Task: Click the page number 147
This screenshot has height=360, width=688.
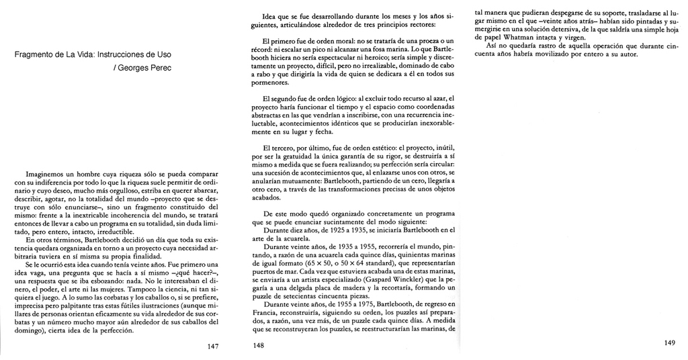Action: point(213,346)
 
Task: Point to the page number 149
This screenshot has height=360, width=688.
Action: point(669,343)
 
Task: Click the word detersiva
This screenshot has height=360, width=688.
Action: point(558,30)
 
